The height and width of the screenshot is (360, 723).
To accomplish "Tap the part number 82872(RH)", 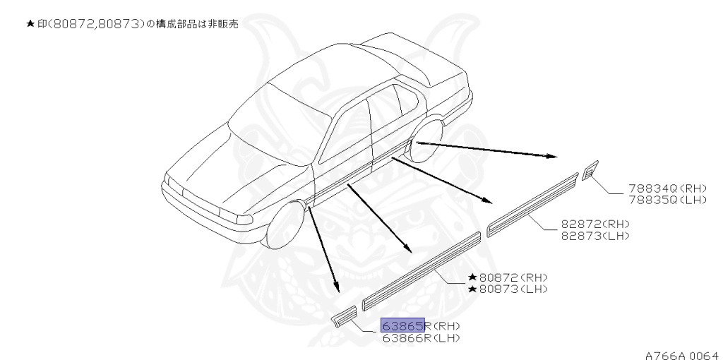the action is click(594, 224).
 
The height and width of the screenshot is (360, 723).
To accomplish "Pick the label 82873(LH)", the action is click(594, 234).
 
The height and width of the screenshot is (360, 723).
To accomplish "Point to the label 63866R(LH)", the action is click(421, 337).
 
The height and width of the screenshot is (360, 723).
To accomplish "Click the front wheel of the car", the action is click(284, 225).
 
